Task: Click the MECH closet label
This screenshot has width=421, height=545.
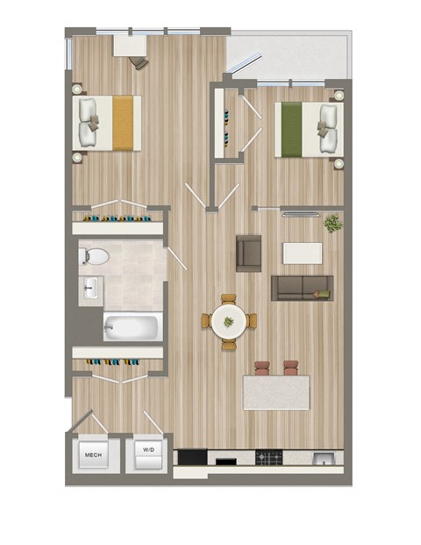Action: [92, 456]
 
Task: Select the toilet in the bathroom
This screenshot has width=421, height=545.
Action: [94, 257]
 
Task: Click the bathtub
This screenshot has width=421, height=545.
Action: [132, 327]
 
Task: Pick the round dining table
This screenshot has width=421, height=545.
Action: [228, 322]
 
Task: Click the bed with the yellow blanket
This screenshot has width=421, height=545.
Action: [110, 122]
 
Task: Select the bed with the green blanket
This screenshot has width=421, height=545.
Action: [307, 130]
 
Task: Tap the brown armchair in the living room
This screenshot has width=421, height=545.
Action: [249, 253]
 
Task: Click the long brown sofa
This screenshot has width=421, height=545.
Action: [302, 287]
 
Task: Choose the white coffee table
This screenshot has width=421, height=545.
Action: [302, 253]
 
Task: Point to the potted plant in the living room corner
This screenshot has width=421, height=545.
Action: [332, 224]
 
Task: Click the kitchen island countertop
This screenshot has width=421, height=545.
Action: [276, 391]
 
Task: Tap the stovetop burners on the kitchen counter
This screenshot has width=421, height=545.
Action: [268, 457]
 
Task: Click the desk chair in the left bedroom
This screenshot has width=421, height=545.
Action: [139, 62]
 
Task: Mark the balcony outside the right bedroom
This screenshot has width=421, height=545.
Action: [289, 57]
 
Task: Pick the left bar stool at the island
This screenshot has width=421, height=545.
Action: [263, 368]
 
